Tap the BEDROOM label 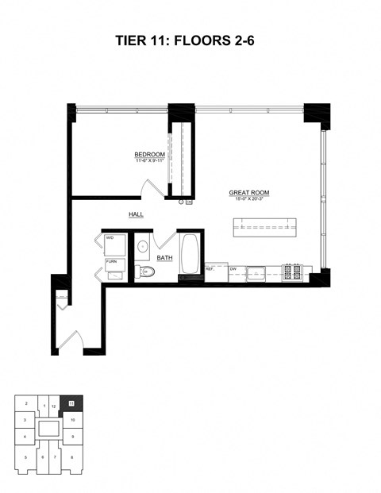click(149, 154)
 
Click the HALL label click(136, 214)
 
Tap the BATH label click(164, 258)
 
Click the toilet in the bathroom click(146, 273)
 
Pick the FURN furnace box click(113, 262)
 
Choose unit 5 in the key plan click(25, 457)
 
